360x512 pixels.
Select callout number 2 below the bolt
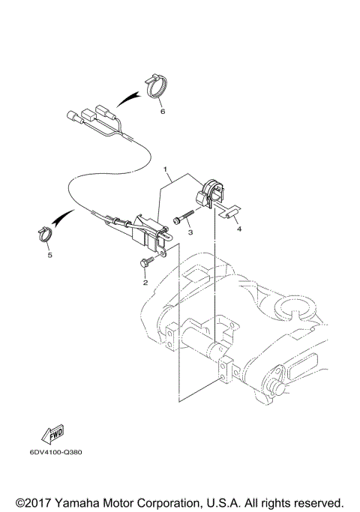pyautogui.click(x=145, y=283)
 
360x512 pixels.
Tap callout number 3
pyautogui.click(x=190, y=233)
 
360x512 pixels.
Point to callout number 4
pyautogui.click(x=239, y=231)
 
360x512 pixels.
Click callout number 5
pyautogui.click(x=49, y=255)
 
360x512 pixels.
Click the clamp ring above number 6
pyautogui.click(x=155, y=86)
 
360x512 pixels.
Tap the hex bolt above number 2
pyautogui.click(x=145, y=262)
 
